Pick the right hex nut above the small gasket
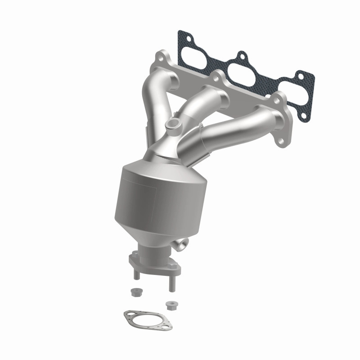tap(170, 305)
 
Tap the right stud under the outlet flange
tap(171, 282)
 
